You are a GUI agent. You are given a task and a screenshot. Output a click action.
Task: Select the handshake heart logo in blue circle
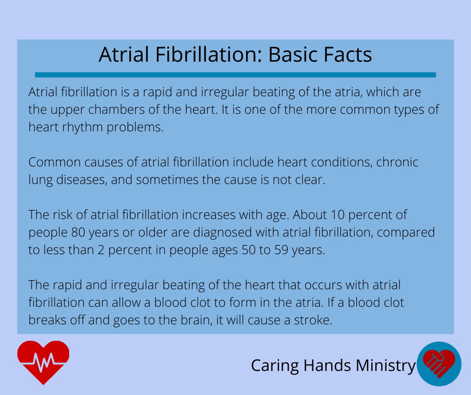(439, 364)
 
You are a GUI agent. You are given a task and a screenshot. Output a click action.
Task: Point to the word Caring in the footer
(275, 366)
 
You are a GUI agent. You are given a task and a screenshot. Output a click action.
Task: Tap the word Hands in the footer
(327, 365)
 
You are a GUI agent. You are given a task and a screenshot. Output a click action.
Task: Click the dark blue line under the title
(235, 75)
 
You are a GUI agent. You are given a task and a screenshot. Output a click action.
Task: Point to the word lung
(40, 180)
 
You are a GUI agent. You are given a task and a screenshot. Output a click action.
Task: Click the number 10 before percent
(337, 215)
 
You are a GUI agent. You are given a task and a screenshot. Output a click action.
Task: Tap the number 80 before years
(78, 233)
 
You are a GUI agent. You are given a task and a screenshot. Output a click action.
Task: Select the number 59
(281, 250)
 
